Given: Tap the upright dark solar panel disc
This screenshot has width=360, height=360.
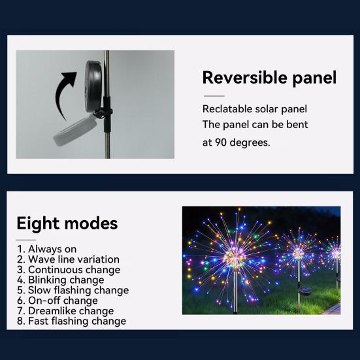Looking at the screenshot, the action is pos(93,86).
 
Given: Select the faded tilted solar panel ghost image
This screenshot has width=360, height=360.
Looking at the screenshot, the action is pos(75,131).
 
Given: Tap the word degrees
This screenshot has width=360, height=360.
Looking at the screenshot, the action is pos(250,143).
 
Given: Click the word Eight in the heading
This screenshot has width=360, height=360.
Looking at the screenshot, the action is pos(38,223).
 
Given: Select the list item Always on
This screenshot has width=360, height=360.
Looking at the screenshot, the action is pos(47,249).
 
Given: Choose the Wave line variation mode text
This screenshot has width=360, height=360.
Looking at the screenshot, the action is pos(68,259).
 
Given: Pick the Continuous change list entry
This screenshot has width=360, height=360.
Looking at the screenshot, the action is pos(69,270).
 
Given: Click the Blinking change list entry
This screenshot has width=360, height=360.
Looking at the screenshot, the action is pos(61,280).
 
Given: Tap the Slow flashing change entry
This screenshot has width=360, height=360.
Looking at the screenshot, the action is pos(73,291).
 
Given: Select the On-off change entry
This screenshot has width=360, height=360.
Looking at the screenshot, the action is pos(57,301).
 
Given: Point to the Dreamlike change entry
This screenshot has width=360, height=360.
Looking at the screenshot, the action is pos(65,311).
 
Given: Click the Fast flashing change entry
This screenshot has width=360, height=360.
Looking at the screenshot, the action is pos(72,321).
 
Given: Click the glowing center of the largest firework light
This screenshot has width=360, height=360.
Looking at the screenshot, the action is pos(235,257).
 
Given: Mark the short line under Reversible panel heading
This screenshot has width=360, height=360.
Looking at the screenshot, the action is pos(214,96).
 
